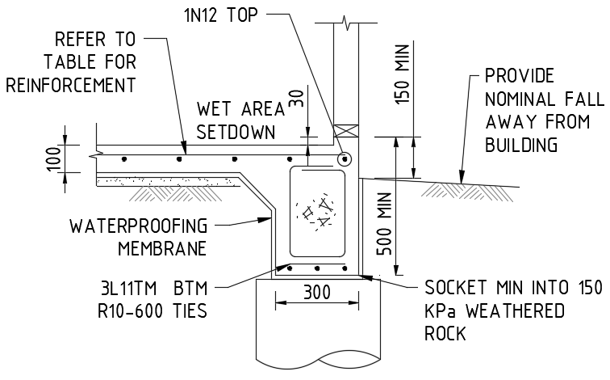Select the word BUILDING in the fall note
coord(522,146)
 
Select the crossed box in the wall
coord(345,129)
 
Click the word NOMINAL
coord(520,99)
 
